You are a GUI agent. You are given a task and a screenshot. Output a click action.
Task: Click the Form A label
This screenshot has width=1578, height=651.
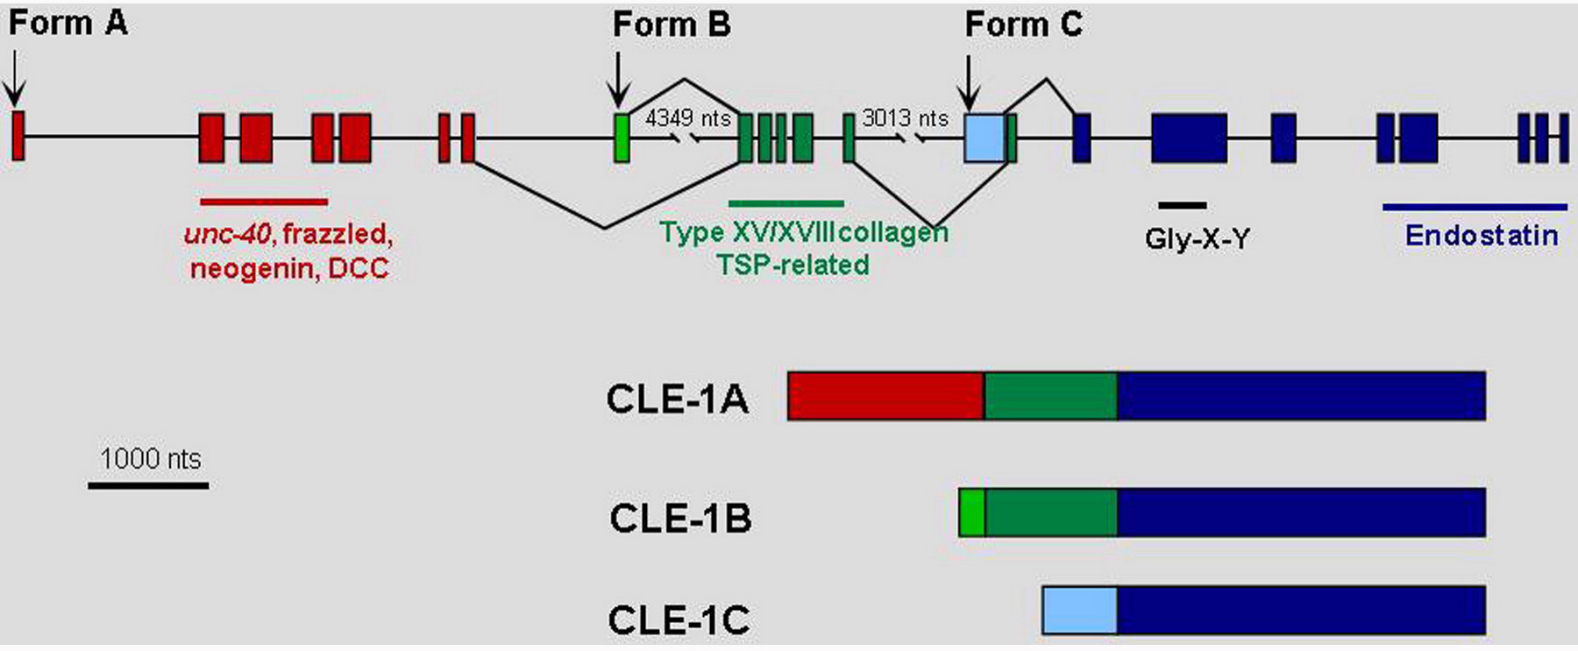point(68,24)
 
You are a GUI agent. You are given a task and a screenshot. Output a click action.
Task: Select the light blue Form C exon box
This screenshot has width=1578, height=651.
point(984,138)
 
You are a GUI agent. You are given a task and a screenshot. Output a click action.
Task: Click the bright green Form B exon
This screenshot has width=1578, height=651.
point(621,138)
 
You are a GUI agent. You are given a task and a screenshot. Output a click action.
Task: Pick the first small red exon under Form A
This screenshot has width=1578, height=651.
point(18,135)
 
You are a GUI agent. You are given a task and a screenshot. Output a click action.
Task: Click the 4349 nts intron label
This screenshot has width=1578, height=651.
point(688,117)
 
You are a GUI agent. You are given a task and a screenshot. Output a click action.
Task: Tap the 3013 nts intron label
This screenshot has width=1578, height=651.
point(905,117)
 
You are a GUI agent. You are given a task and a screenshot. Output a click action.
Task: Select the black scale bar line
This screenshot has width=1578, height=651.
point(148,485)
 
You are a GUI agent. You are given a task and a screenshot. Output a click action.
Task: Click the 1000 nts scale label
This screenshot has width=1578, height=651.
point(150,458)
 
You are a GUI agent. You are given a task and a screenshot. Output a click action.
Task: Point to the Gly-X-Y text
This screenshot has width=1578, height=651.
point(1197,238)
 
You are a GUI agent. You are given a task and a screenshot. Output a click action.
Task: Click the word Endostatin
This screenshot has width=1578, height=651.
point(1482,235)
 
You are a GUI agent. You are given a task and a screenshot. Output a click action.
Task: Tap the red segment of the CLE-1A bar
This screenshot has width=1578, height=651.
point(885,396)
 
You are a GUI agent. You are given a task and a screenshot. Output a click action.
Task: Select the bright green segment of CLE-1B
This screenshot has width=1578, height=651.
point(972,513)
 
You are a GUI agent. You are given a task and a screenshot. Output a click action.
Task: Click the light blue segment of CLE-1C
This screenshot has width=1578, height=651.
point(1080,611)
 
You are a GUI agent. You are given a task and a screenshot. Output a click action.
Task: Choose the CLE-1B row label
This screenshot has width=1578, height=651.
point(680,518)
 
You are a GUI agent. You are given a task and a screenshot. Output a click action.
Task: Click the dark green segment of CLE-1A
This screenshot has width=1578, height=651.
point(1050,396)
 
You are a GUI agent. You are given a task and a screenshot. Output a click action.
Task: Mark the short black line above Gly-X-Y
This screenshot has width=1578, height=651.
point(1182,205)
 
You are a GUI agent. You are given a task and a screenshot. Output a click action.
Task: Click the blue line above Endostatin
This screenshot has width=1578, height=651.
point(1475,208)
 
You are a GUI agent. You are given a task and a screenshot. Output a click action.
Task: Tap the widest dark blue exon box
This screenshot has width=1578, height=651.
point(1189,138)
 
